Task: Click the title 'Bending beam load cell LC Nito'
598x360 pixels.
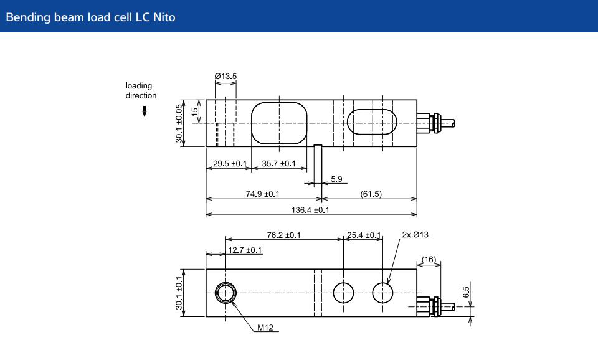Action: point(90,17)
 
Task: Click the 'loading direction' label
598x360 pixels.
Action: point(141,90)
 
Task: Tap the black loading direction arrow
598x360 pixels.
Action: point(145,111)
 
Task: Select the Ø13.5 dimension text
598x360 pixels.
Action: point(225,76)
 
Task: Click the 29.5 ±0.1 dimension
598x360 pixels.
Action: point(230,164)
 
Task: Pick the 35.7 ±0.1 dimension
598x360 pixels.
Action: point(278,164)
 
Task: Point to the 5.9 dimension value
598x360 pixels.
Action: point(336,179)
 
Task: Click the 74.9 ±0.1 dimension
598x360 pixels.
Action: point(262,194)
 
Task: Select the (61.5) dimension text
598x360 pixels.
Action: point(371,194)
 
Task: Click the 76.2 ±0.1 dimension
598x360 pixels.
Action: point(283,235)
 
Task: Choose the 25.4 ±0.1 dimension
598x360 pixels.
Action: point(363,235)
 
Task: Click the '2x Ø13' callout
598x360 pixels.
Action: point(415,235)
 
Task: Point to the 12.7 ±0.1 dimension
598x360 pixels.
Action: point(245,250)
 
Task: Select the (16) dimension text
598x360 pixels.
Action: point(429,258)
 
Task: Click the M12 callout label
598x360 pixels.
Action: point(265,327)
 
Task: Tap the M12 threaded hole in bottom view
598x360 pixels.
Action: point(225,292)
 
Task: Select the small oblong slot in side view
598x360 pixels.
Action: point(372,121)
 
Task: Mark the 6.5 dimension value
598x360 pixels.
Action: point(467,292)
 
